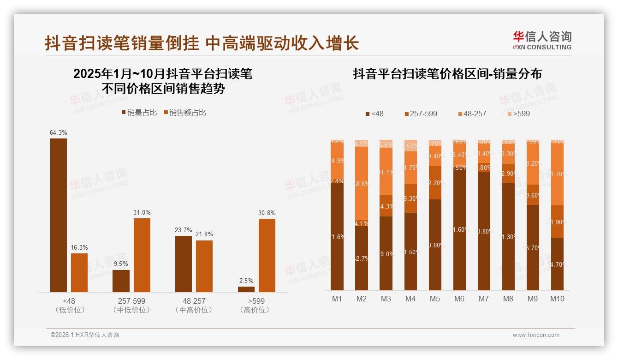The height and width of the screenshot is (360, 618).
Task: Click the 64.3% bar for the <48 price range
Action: (59, 215)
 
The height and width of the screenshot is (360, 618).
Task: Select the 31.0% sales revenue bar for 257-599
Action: (142, 255)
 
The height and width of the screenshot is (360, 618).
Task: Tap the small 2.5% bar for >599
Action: (246, 289)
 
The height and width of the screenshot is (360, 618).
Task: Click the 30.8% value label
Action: (267, 213)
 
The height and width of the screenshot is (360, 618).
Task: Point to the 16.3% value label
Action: (79, 247)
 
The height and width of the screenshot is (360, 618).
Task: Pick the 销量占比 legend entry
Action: (139, 112)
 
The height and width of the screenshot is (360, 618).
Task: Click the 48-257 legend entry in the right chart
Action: (473, 114)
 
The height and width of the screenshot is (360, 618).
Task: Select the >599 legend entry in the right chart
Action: (518, 114)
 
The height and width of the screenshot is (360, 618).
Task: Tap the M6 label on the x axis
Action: (459, 299)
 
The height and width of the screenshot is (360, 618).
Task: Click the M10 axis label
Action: (557, 299)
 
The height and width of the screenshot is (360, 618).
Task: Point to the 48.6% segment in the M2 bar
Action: (362, 183)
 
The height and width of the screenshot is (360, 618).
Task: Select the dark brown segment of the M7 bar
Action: (483, 231)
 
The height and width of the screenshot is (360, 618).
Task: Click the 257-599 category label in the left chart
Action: (132, 301)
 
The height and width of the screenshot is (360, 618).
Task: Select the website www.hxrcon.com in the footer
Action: (536, 335)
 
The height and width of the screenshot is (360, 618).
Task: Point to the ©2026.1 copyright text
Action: (85, 335)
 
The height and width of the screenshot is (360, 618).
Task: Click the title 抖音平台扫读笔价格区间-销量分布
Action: (447, 74)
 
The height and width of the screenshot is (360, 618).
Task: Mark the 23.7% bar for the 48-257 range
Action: (184, 264)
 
